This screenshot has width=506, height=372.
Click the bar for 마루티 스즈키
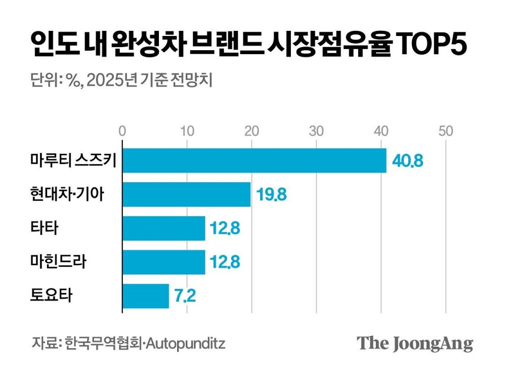pos(254,161)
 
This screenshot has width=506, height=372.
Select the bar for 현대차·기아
pos(187,195)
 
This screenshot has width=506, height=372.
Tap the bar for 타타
pos(164,228)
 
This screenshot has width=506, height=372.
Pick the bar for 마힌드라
pos(164,262)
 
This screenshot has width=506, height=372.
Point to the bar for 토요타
pos(146,296)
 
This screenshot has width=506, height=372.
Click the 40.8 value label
pos(406,162)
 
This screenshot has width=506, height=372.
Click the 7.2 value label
pos(185,297)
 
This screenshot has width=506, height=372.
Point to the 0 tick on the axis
pos(122,131)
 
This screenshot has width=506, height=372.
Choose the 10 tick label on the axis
pos(187,131)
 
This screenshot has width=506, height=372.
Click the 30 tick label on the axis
pos(316,131)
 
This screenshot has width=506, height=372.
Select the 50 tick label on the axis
pos(446,131)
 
